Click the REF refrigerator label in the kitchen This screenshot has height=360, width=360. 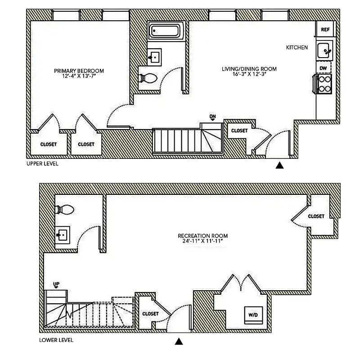pyautogui.click(x=325, y=30)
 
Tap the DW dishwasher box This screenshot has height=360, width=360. pyautogui.click(x=323, y=68)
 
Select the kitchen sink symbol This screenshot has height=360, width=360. pyautogui.click(x=324, y=50)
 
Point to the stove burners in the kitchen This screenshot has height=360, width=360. pyautogui.click(x=324, y=84)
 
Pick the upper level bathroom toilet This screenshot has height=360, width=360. pyautogui.click(x=148, y=78)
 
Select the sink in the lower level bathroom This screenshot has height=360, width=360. pyautogui.click(x=62, y=235)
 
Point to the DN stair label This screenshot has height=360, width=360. pyautogui.click(x=213, y=117)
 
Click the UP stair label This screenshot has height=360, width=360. pyautogui.click(x=56, y=283)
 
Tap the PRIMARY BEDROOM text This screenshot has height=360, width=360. pyautogui.click(x=79, y=71)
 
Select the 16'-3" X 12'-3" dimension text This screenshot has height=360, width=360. pyautogui.click(x=249, y=75)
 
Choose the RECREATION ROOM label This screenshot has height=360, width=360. pyautogui.click(x=202, y=235)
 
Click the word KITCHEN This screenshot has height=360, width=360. pyautogui.click(x=297, y=47)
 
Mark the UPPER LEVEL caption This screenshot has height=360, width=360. pyautogui.click(x=42, y=164)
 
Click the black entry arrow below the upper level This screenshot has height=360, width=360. pyautogui.click(x=279, y=166)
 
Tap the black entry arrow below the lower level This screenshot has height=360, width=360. pyautogui.click(x=179, y=342)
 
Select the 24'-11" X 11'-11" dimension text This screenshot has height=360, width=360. pyautogui.click(x=202, y=241)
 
